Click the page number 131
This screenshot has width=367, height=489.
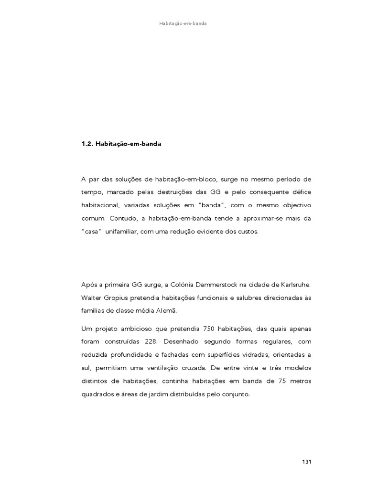pos(307,462)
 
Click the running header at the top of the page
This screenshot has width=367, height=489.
pos(183,23)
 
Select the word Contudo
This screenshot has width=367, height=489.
pos(119,218)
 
